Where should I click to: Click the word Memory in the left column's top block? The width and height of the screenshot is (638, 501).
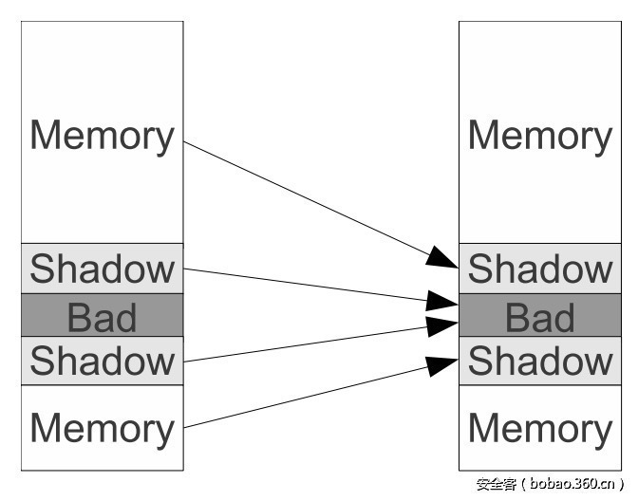pyautogui.click(x=103, y=137)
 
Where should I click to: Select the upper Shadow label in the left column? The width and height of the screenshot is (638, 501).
pyautogui.click(x=103, y=268)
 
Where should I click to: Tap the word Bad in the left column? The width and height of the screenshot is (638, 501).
pyautogui.click(x=102, y=317)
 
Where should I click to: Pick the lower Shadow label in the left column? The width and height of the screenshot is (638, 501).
pyautogui.click(x=103, y=360)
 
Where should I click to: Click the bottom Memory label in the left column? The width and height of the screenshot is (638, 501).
pyautogui.click(x=103, y=429)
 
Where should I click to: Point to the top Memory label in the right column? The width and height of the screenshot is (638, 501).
pyautogui.click(x=540, y=137)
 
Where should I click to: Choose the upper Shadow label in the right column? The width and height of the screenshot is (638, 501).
pyautogui.click(x=540, y=268)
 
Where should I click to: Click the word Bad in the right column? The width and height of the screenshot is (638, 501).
pyautogui.click(x=540, y=317)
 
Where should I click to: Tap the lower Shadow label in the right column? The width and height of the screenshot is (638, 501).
pyautogui.click(x=540, y=360)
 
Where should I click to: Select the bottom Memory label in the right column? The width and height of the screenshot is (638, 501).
pyautogui.click(x=540, y=429)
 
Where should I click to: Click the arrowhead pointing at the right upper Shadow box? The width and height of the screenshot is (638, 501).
pyautogui.click(x=442, y=257)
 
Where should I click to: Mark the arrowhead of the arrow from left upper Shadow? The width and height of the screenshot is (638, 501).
pyautogui.click(x=442, y=301)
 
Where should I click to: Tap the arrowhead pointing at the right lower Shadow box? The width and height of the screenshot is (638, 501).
pyautogui.click(x=442, y=366)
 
